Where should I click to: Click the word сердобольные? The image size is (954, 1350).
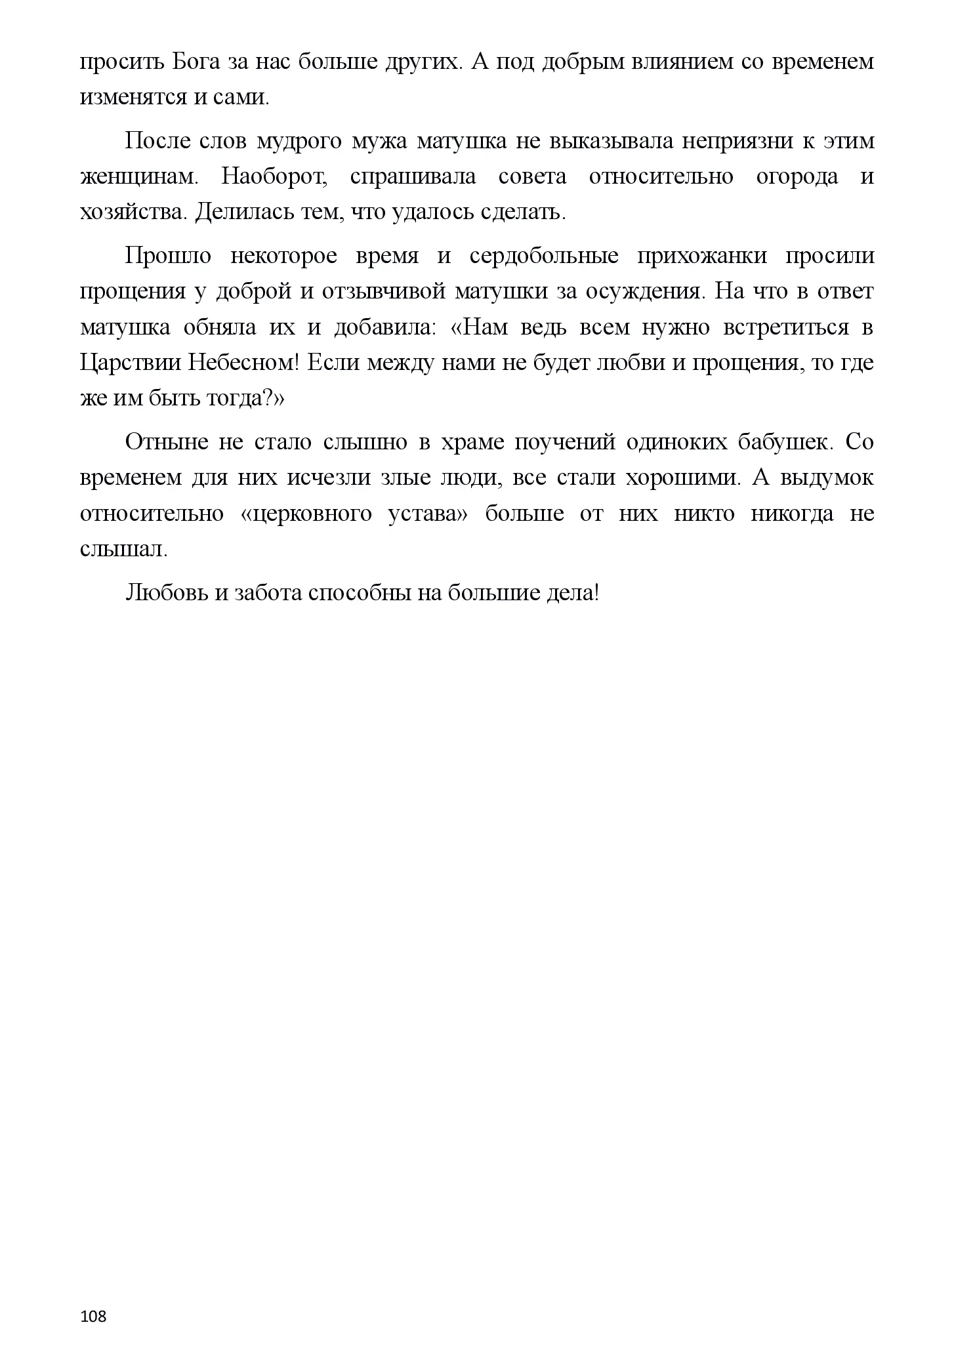[544, 256]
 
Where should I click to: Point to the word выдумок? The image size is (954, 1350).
[826, 477]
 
